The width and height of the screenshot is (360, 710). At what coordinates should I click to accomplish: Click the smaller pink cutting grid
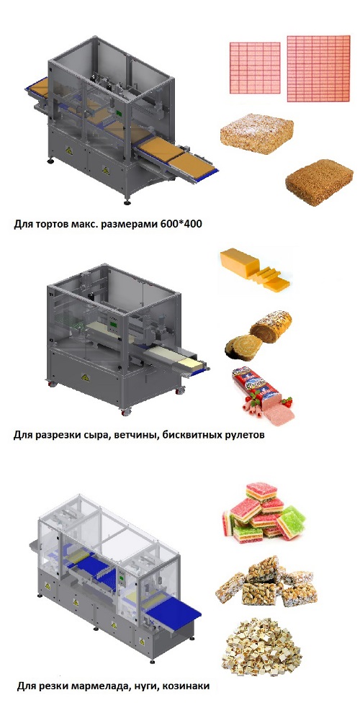click(x=255, y=68)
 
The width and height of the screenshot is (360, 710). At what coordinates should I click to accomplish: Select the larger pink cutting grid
click(x=319, y=68)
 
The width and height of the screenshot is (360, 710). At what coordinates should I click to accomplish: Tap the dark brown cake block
click(x=319, y=181)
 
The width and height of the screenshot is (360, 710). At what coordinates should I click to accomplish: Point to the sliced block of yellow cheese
click(x=255, y=270)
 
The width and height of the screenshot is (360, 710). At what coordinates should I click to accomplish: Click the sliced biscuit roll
click(x=258, y=335)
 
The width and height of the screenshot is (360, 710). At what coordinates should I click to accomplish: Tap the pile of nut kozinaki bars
click(x=266, y=582)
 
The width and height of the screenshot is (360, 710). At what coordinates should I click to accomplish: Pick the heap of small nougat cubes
click(x=262, y=646)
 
